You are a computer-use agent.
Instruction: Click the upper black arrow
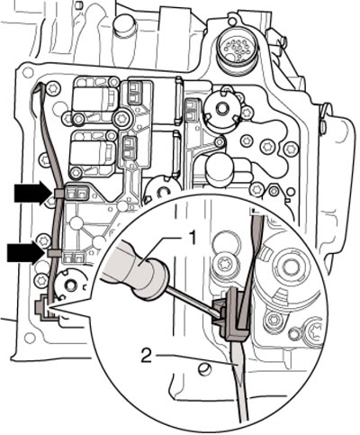coord(32,193)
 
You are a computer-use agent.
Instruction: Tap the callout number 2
coord(147,357)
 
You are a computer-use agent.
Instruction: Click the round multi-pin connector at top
coord(238,53)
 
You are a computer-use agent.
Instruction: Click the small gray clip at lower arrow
coord(53,253)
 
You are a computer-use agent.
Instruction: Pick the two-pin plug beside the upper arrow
coord(76,193)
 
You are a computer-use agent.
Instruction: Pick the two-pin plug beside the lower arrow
coord(73,256)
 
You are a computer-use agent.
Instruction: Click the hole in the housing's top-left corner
coord(28,72)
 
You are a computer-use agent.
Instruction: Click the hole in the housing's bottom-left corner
coord(30,339)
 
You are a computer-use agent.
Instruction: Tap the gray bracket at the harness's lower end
coord(45,309)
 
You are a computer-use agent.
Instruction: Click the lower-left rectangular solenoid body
coord(90,152)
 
